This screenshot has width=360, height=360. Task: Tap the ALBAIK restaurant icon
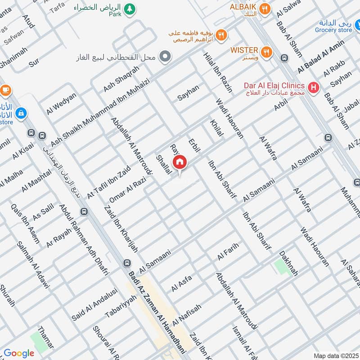coord(266,8)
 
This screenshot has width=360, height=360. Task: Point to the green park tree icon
coord(130,9)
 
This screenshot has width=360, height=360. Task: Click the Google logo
coord(19,353)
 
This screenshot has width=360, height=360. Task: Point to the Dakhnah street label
coord(289,264)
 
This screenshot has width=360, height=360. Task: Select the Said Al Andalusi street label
coord(94,305)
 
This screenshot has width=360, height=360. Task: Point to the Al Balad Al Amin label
coord(321,56)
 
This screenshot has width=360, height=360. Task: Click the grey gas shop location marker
coord(166,57)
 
